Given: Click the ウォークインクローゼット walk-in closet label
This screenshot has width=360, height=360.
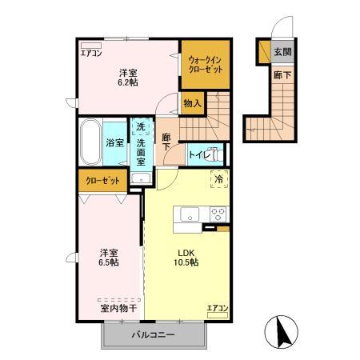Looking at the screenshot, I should coord(206,64).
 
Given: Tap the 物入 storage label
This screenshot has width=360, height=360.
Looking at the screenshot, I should coord(192,102).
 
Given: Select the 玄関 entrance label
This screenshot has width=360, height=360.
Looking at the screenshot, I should coord(282,53).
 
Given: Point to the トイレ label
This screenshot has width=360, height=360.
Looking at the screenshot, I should coord(198,154).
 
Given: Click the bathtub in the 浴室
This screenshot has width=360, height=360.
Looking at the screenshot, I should coord(90,142).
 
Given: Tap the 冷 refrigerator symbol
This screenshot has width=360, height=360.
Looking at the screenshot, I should coord(218,180).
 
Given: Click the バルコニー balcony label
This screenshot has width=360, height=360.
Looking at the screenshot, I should coord(152,334).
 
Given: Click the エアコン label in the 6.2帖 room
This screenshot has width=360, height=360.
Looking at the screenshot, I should coord(91,54).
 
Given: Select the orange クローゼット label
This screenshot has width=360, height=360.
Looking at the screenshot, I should coord(103,181).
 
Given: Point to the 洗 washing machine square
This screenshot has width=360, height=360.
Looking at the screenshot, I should coord(140,126).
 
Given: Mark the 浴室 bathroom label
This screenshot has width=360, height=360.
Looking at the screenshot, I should coord(114,143).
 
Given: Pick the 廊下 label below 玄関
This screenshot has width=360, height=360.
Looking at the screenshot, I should coord(281,74).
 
